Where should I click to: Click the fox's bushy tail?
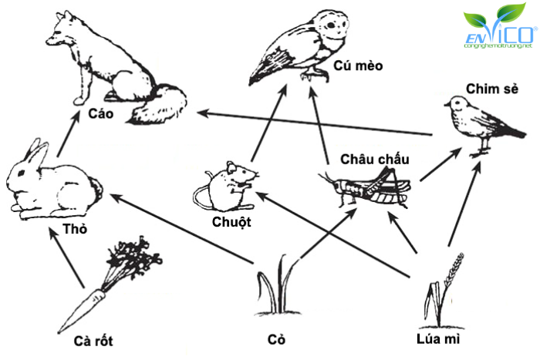[x=160, y=104]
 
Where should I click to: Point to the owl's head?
[x=332, y=28]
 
